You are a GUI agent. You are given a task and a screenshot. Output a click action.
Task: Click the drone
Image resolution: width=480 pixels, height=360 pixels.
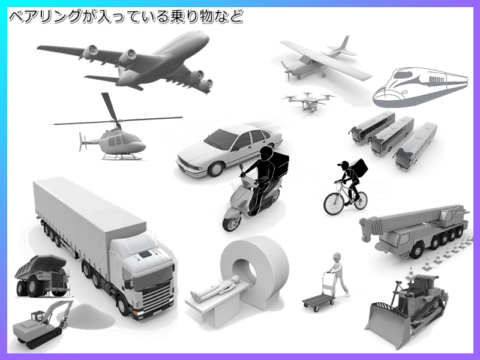click(308, 101)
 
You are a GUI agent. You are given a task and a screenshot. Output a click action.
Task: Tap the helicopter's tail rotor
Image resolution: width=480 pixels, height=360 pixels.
click(81, 142)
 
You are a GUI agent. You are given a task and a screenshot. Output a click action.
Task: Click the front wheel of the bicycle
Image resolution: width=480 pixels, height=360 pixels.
click(334, 203)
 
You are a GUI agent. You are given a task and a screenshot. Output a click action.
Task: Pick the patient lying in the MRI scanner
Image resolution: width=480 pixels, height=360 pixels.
click(214, 289)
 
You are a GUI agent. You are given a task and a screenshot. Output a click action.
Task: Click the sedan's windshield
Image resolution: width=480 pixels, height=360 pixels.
click(221, 139)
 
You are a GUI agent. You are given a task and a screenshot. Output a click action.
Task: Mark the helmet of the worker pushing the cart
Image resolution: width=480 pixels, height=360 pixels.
click(337, 256)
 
